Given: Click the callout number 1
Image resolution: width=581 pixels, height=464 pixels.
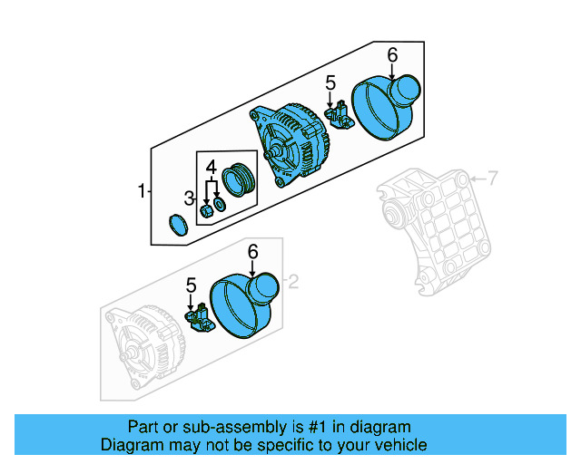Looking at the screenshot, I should pyautogui.click(x=142, y=191).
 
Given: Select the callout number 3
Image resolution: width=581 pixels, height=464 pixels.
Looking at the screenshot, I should pyautogui.click(x=189, y=198).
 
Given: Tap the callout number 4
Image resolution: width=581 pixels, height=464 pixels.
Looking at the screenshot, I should pyautogui.click(x=210, y=168).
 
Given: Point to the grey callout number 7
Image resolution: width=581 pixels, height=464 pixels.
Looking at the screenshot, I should pyautogui.click(x=492, y=179).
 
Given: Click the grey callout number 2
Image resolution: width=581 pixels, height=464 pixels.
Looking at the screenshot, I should pyautogui.click(x=292, y=282).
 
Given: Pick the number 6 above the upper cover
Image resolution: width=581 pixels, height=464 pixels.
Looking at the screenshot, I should pyautogui.click(x=392, y=55).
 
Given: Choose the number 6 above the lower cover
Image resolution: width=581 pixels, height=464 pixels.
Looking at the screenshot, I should pyautogui.click(x=252, y=251).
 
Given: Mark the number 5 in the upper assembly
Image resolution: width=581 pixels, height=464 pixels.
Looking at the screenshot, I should pyautogui.click(x=330, y=83).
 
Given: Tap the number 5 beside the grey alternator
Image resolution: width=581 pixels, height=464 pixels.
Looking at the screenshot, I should pyautogui.click(x=191, y=285).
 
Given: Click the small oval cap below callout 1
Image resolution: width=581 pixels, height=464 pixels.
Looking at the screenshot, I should pyautogui.click(x=178, y=225).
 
